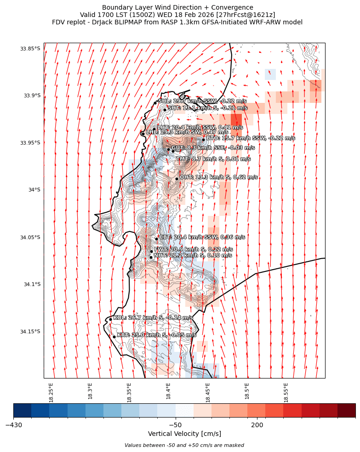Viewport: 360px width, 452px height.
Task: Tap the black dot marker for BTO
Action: pos(203,140)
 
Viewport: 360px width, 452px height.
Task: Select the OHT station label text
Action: pos(218,177)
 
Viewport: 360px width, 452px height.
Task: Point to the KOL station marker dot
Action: pos(110,319)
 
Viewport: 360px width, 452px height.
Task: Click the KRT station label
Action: pos(156,335)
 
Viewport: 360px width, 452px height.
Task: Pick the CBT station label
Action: pos(202,237)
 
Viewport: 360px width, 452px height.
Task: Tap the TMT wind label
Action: pos(213,159)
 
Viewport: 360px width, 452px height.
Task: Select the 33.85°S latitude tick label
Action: pos(30,49)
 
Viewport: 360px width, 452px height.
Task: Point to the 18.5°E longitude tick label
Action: pos(247,392)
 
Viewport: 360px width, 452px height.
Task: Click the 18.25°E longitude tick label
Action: pos(51,392)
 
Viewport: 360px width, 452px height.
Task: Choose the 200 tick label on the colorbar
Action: pos(257,425)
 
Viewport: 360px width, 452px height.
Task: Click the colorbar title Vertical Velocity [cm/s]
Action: pos(184,434)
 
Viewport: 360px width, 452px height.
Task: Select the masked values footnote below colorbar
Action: pos(184,445)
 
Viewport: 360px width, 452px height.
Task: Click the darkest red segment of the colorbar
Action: pos(346,410)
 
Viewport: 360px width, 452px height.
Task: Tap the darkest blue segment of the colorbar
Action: pos(23,410)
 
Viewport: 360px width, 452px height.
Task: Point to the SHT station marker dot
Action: pos(165,110)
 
